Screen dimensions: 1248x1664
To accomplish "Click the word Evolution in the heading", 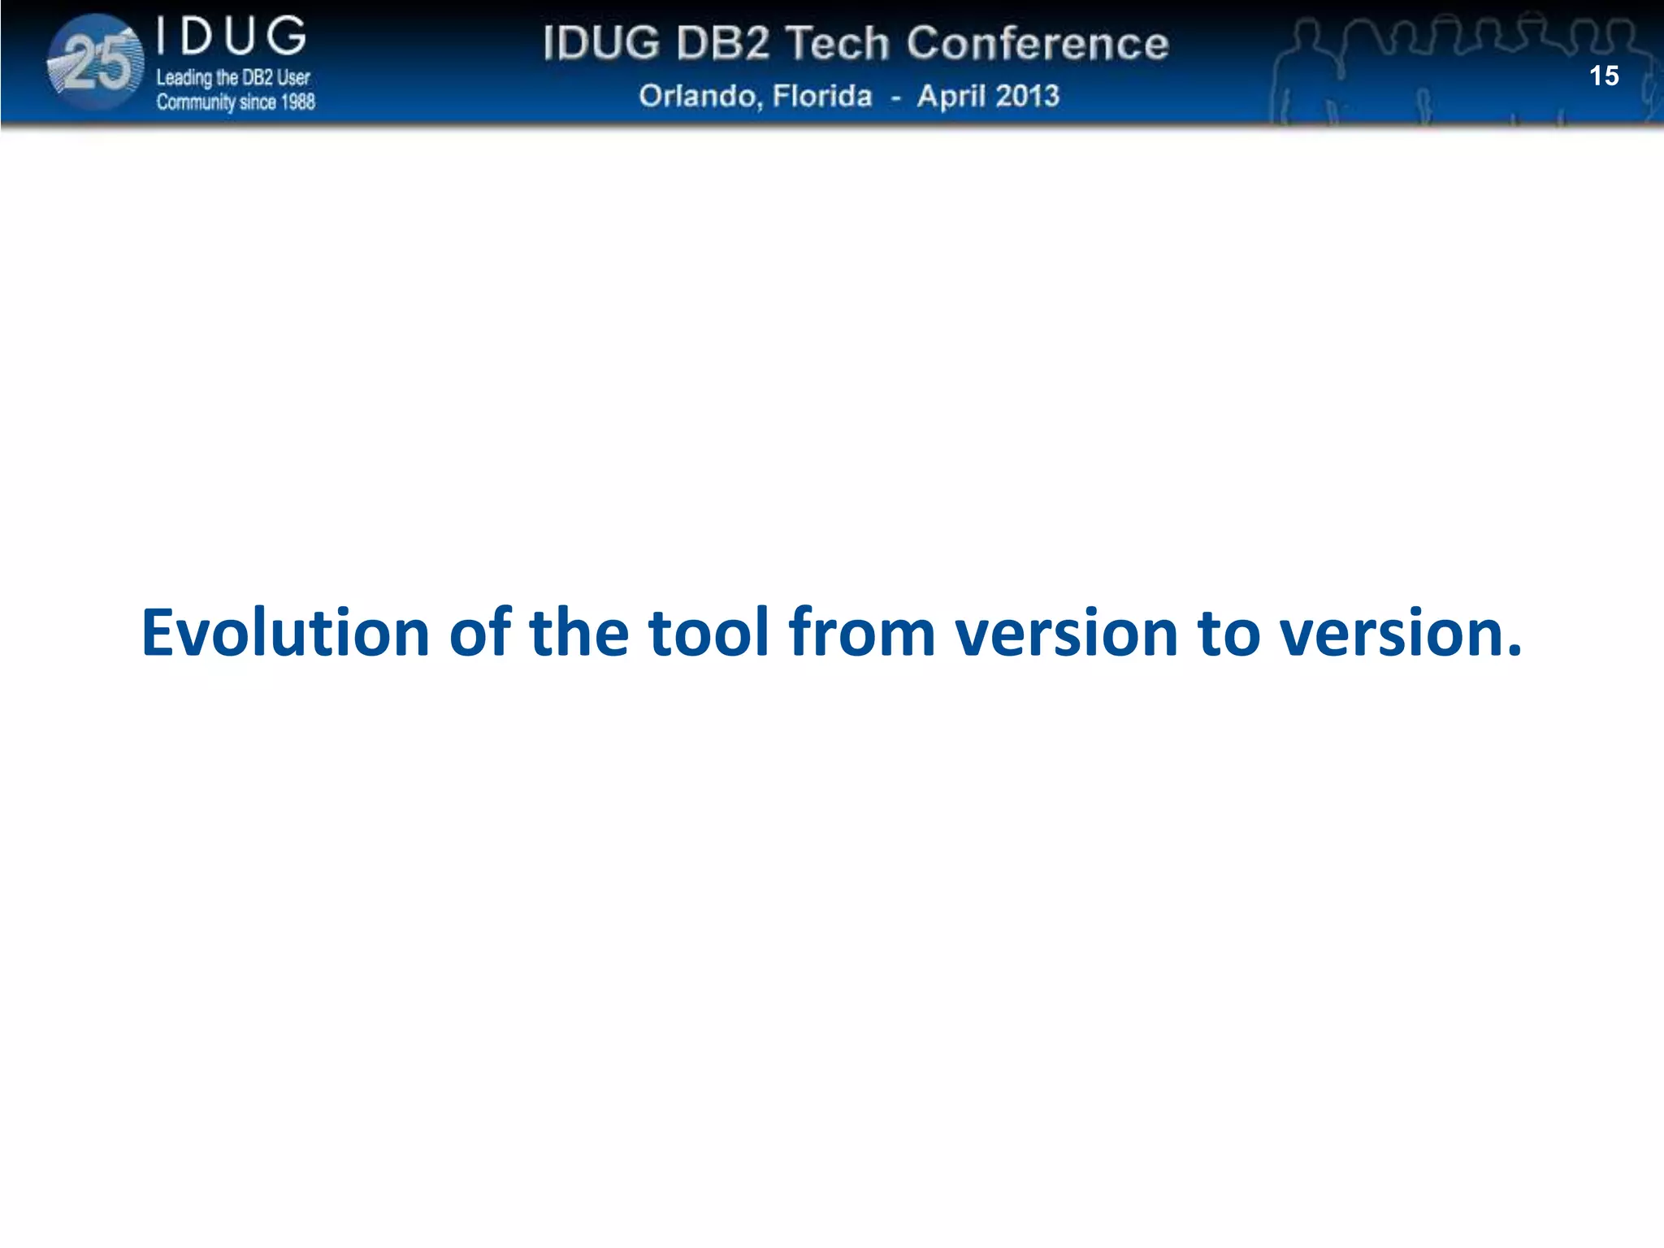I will pos(285,633).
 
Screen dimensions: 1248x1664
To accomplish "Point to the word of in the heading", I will pos(480,633).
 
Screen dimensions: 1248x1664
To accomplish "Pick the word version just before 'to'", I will pos(1066,633).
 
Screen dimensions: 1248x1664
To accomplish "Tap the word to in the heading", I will pos(1228,633).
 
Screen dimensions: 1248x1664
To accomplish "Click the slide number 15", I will pos(1604,76).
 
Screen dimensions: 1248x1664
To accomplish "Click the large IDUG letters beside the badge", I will pos(232,37).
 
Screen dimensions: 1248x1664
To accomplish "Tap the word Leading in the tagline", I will pos(184,78).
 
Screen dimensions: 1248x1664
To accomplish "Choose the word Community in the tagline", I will pos(196,102).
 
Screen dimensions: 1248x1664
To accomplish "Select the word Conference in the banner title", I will pos(1038,43).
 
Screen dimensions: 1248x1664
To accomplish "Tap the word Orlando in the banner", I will pos(700,96).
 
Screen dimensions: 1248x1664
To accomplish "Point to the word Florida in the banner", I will pos(822,96).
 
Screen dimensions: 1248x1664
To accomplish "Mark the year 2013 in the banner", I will pos(1028,96).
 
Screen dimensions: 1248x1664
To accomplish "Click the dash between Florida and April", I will pos(895,97).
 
